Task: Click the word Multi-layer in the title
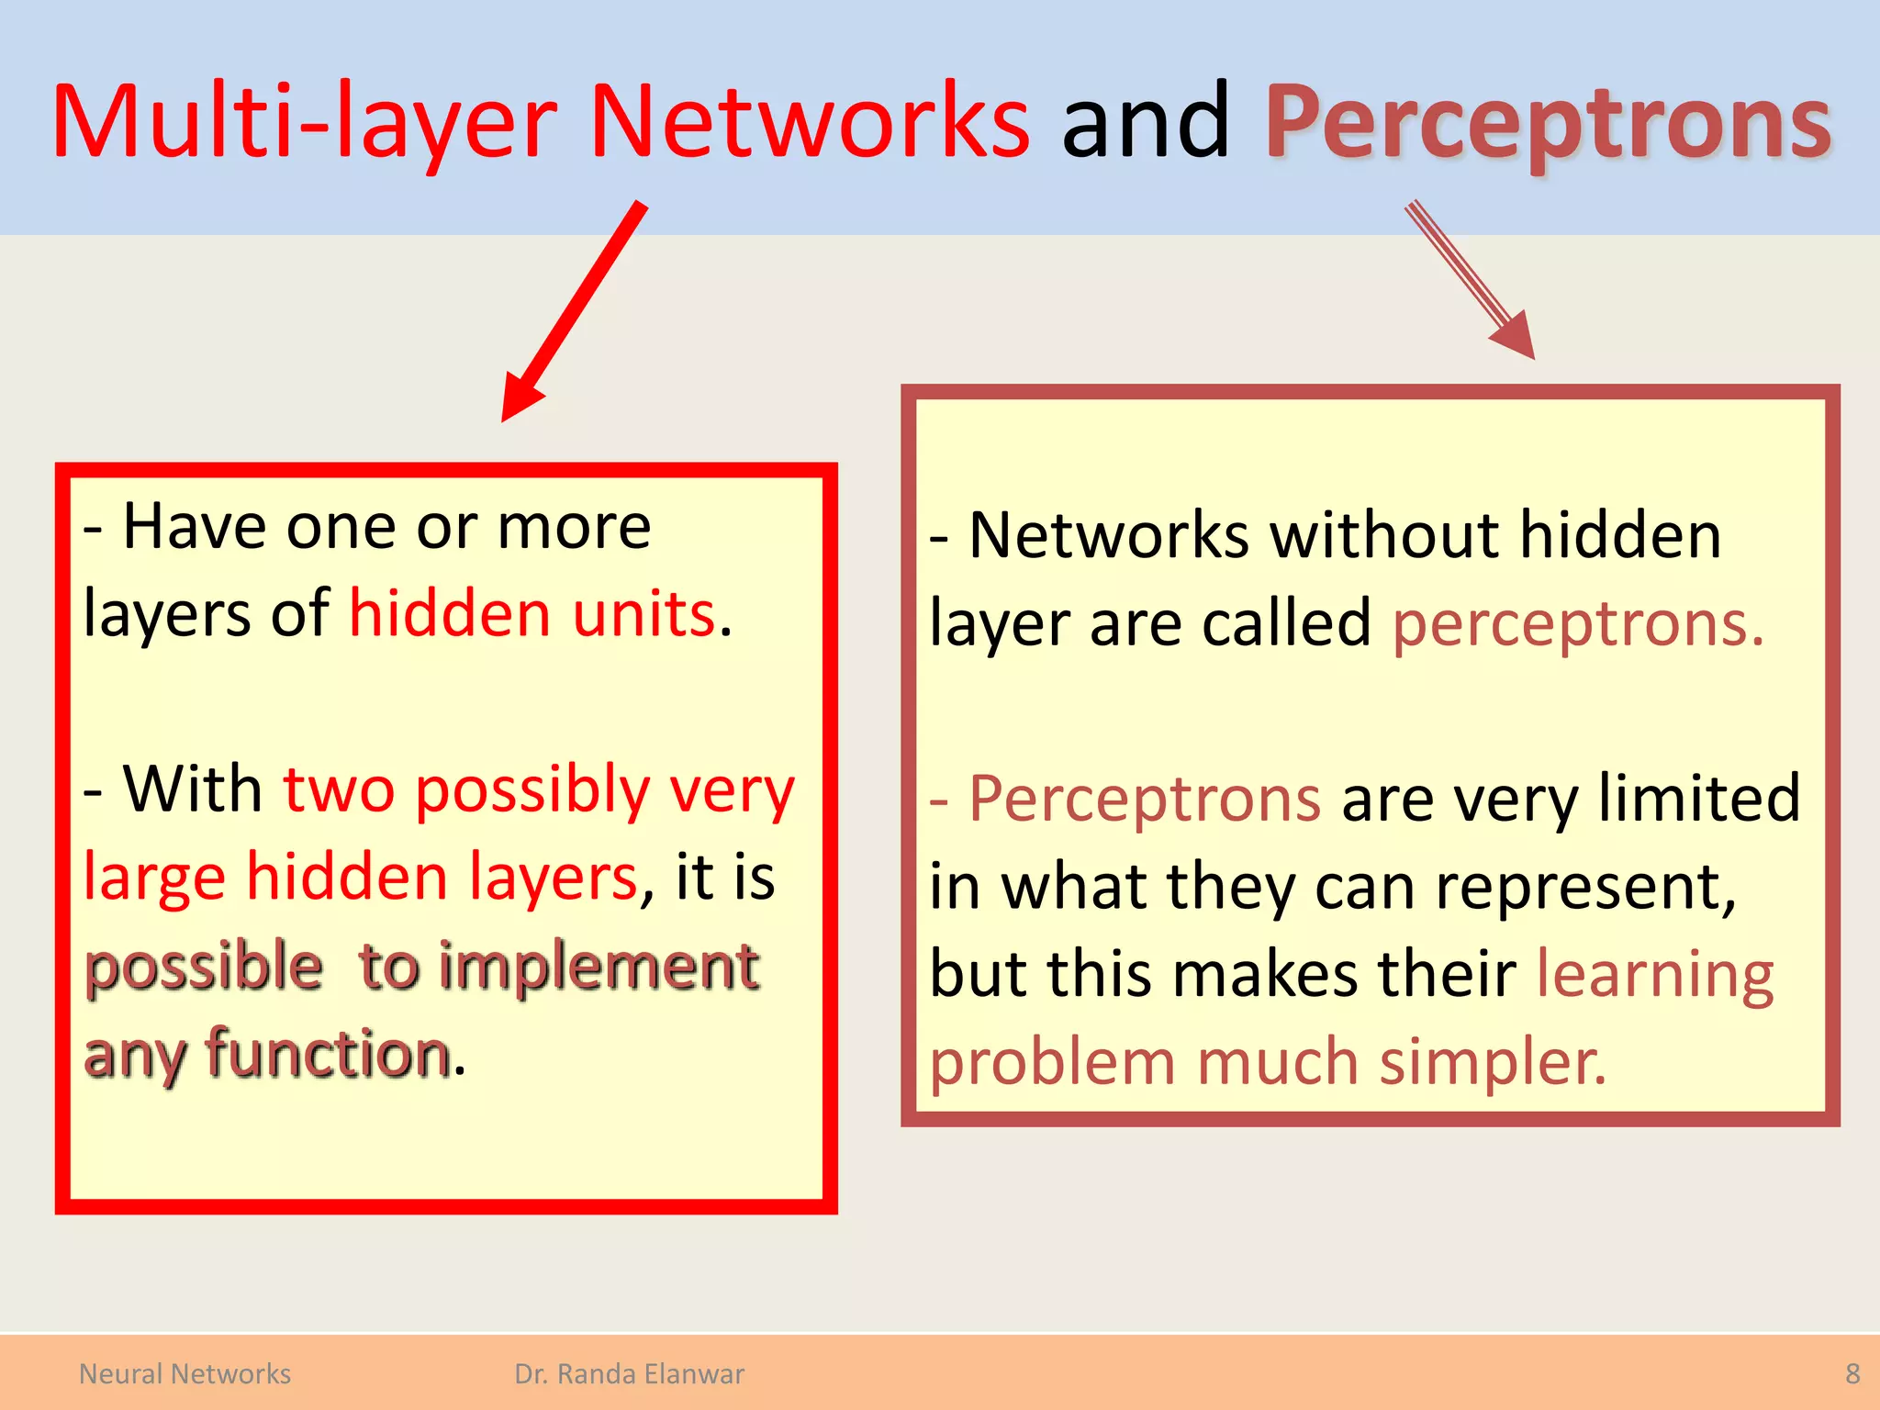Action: tap(303, 122)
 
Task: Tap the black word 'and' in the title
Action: tap(1145, 122)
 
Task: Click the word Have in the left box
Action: tap(197, 527)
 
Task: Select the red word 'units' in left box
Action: tap(643, 614)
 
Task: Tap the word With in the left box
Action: tap(193, 789)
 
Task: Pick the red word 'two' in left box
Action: tap(339, 789)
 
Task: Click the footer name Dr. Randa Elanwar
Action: tap(629, 1374)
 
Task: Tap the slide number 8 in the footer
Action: tap(1852, 1374)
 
